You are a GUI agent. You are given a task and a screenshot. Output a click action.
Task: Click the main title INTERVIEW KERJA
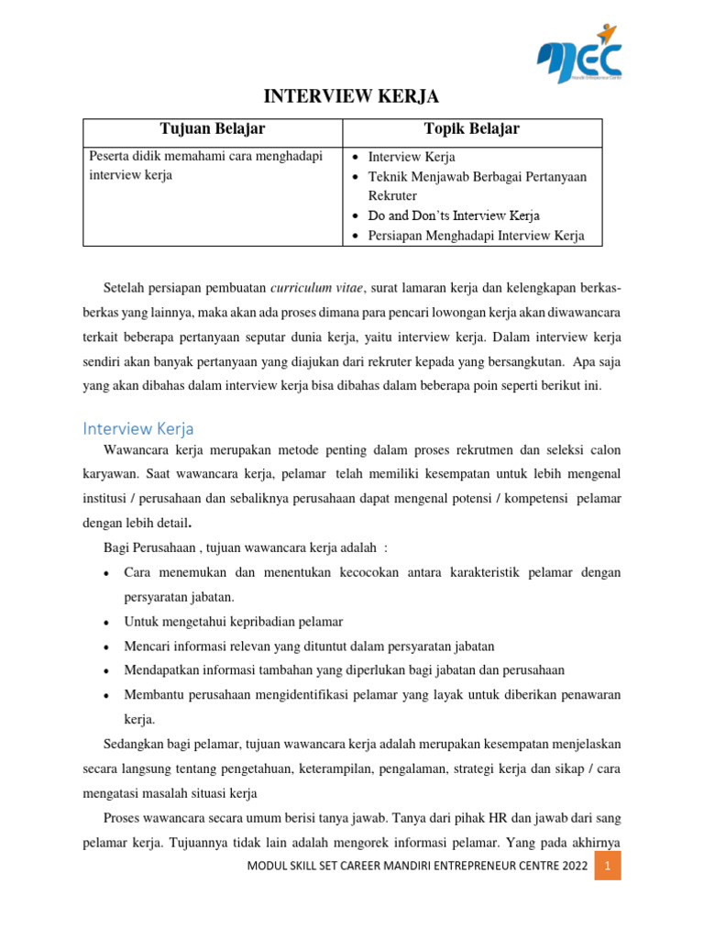coord(352,96)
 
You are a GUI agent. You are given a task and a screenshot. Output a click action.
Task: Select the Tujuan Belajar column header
coord(213,128)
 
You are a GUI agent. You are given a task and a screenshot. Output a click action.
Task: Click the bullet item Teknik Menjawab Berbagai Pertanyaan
coord(478,176)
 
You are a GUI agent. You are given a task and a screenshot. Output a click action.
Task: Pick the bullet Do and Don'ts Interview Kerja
coord(454,215)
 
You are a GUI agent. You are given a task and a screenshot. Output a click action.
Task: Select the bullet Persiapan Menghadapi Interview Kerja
coord(476,236)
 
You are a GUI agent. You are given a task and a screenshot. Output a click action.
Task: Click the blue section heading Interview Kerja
coord(138,428)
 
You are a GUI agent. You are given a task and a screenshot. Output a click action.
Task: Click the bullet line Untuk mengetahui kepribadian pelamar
coord(234,622)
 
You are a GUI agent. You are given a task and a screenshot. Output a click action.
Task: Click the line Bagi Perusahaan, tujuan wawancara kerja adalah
coord(246,547)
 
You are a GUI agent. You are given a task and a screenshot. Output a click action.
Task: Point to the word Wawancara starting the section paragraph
coord(136,452)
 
